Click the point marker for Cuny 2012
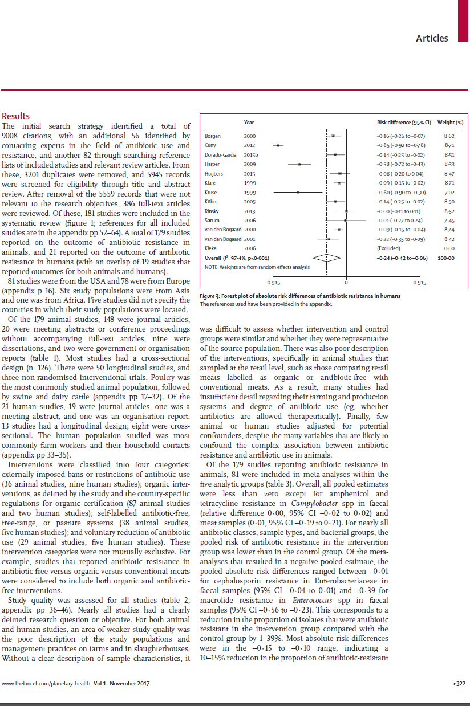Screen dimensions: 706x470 [278, 146]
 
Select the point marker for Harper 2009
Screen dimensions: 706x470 [299, 164]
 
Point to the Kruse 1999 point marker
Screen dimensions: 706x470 [298, 193]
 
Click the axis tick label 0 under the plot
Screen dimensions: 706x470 [346, 283]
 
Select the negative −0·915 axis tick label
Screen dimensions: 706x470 [273, 283]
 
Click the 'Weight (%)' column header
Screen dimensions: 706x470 [450, 123]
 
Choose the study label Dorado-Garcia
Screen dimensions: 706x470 [219, 155]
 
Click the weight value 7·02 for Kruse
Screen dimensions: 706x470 [449, 193]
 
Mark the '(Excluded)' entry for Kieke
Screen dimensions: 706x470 [388, 248]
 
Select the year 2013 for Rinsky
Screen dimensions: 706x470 [250, 211]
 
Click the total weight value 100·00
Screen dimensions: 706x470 [447, 258]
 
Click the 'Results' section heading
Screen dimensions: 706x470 [16, 116]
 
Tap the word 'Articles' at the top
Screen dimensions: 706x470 [432, 38]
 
